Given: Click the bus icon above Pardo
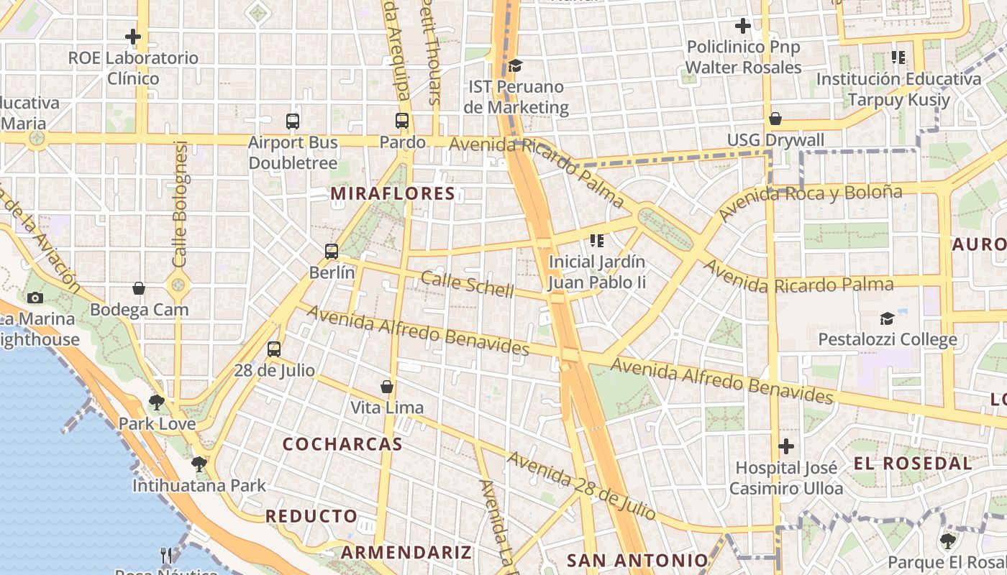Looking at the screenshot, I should point(402,121).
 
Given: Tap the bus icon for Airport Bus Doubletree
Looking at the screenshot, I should point(293,121).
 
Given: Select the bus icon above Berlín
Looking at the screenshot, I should point(332,252).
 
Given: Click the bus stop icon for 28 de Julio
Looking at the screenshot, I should point(274,349).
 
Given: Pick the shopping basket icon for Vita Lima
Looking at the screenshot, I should point(387,387).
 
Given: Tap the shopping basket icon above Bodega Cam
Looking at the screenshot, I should point(139,289).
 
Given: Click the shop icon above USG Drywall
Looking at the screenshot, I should point(775,119).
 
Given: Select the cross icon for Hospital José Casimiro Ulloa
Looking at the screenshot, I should point(786,446).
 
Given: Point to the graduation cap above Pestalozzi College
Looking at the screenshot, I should point(888,318).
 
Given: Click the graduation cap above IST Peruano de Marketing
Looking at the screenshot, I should point(515,66).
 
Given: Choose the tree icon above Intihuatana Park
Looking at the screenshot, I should point(199,464).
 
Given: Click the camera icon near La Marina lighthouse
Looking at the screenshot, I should point(35,298).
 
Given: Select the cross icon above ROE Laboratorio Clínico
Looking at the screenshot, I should point(133,36).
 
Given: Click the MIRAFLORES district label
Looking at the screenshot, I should point(393,193).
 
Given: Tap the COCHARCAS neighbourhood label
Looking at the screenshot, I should point(342,444).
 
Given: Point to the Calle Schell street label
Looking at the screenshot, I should point(468,284).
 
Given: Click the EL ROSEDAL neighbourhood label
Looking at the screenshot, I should point(913,464).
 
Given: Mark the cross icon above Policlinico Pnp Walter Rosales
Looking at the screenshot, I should point(743,26).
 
